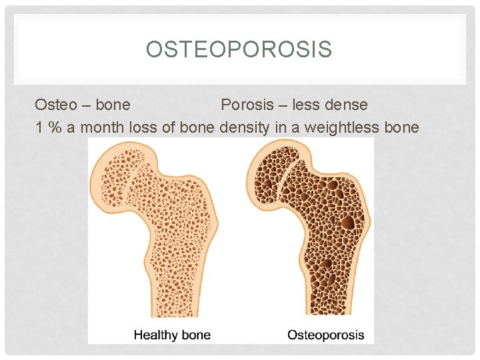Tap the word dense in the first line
point(346,105)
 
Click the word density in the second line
point(244,127)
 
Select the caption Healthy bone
point(172,335)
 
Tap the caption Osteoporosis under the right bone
point(326,335)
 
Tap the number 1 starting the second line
point(40,127)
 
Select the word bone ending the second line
point(402,127)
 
